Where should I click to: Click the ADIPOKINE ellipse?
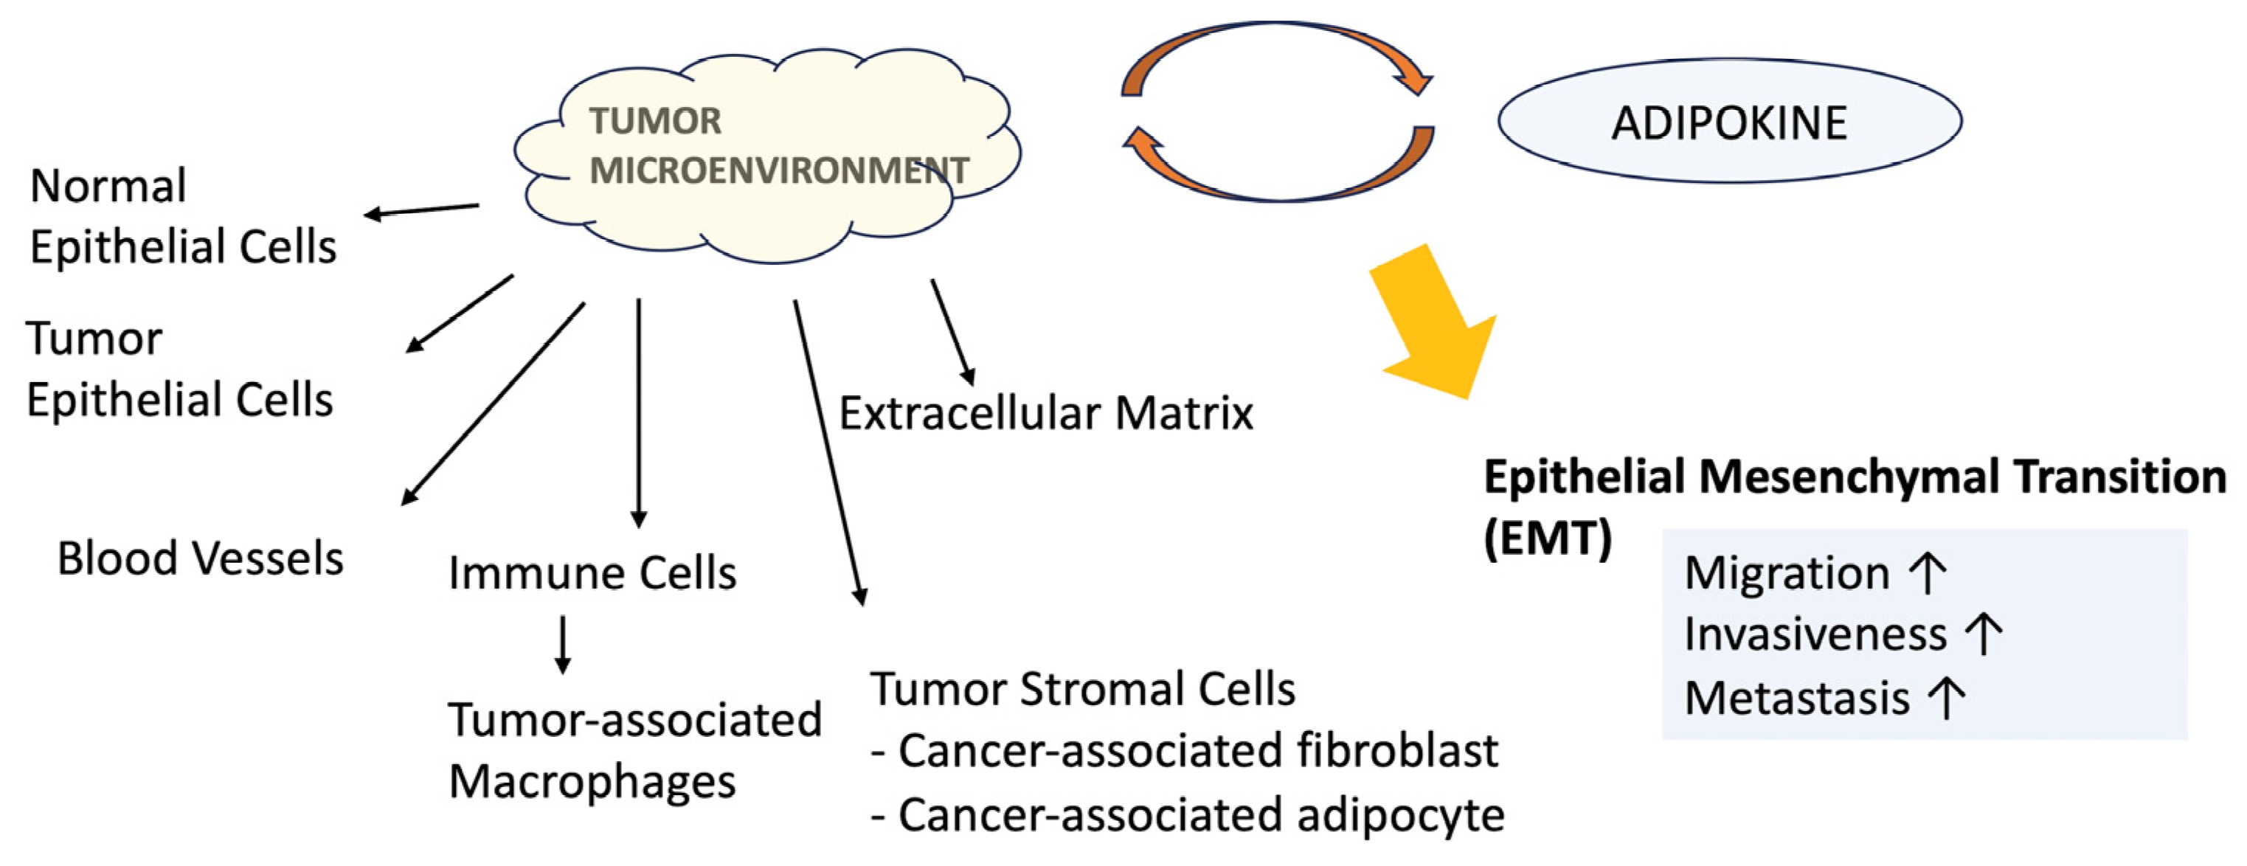[x=1729, y=121]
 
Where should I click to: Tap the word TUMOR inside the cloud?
[x=655, y=121]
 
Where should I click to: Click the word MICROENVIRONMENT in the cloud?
[x=778, y=170]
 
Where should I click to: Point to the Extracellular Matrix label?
[x=1045, y=413]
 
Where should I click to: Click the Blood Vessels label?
[x=200, y=558]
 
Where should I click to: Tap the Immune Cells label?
[x=592, y=573]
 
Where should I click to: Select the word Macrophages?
[x=592, y=780]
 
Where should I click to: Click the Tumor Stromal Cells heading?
[x=1081, y=689]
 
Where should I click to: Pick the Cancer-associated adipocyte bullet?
[x=1188, y=814]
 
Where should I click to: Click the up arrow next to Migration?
[x=1927, y=573]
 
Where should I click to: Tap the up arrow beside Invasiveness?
[x=1984, y=634]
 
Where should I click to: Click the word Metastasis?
[x=1797, y=698]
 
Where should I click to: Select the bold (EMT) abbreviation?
[x=1548, y=537]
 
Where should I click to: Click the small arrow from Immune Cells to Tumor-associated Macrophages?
[x=563, y=645]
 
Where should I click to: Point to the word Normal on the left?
[x=108, y=186]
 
